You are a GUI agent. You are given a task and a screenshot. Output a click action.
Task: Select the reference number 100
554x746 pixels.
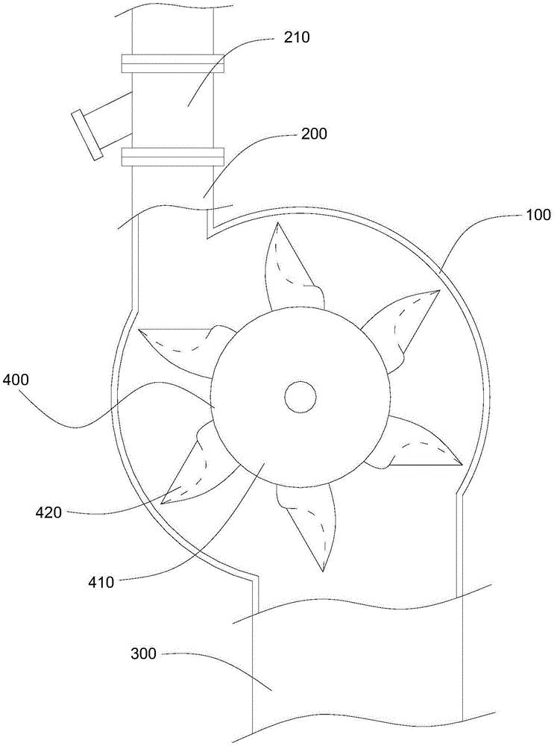(535, 215)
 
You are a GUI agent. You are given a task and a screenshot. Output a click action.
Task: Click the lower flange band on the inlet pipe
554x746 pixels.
(173, 157)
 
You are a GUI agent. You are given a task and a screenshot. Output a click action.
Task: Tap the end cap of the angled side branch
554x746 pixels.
(86, 134)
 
